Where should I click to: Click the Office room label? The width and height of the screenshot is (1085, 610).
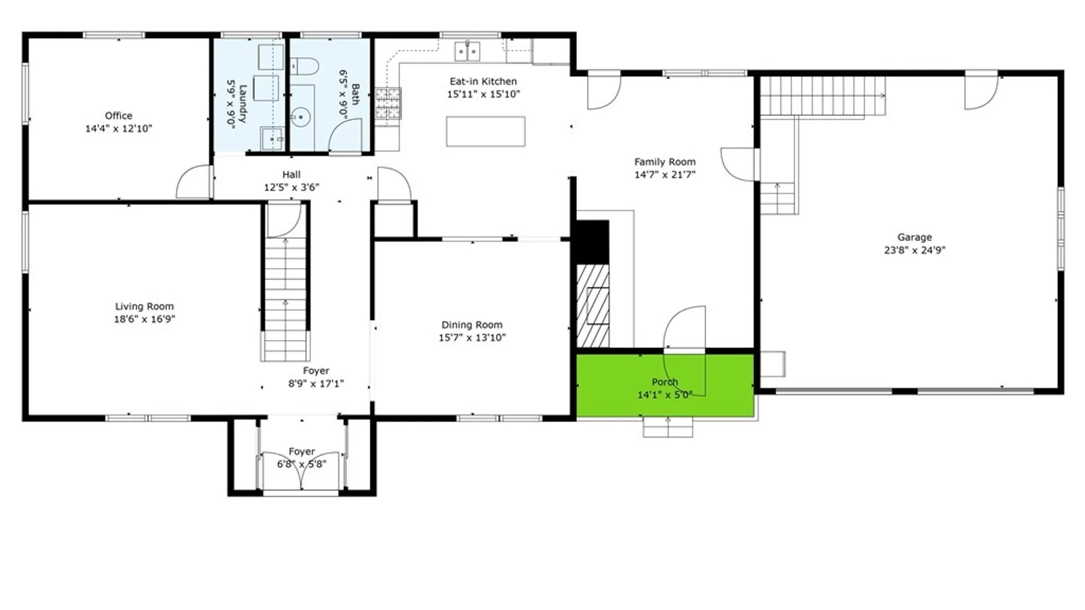tap(119, 116)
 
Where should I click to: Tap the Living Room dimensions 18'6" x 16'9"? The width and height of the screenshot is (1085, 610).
tap(145, 319)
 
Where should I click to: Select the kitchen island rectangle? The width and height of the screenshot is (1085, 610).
tap(485, 131)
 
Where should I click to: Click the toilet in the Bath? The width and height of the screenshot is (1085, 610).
tap(304, 67)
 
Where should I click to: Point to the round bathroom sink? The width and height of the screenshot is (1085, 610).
tap(301, 118)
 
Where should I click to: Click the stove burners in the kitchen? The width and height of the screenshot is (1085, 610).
tap(388, 103)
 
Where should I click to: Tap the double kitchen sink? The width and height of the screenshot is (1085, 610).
tap(467, 51)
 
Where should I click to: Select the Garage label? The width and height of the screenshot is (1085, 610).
tap(914, 237)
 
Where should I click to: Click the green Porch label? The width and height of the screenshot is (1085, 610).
tap(665, 382)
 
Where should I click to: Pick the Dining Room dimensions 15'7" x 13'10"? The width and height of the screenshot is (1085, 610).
tap(472, 338)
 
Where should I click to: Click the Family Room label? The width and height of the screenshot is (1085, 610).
tap(665, 162)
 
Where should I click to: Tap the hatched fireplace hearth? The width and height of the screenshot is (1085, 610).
tap(593, 306)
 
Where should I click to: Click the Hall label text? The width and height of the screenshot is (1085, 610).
tap(292, 175)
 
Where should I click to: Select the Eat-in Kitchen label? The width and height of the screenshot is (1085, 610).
tap(483, 81)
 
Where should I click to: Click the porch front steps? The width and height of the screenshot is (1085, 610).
tap(668, 427)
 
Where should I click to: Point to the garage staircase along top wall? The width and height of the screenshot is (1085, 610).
tap(822, 96)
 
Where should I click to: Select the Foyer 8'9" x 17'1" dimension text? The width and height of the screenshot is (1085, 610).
tap(316, 384)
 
